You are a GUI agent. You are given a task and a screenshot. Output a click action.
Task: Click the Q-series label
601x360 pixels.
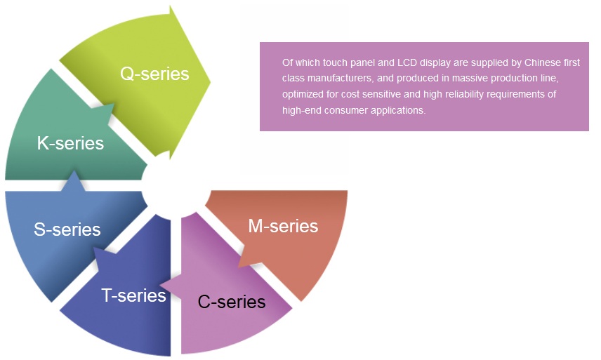[x=154, y=74]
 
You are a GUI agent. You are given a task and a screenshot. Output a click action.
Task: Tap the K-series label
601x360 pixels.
[x=70, y=143]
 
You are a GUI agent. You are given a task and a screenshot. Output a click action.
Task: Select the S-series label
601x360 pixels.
[x=67, y=229]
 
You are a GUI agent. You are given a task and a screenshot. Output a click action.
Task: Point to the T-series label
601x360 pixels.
[x=133, y=295]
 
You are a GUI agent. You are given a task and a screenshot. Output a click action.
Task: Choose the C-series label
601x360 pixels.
[x=232, y=302]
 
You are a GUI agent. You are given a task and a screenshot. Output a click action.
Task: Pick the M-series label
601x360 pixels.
[x=283, y=226]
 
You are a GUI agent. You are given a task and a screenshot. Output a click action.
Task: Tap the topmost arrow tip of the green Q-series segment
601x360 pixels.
[x=170, y=6]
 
